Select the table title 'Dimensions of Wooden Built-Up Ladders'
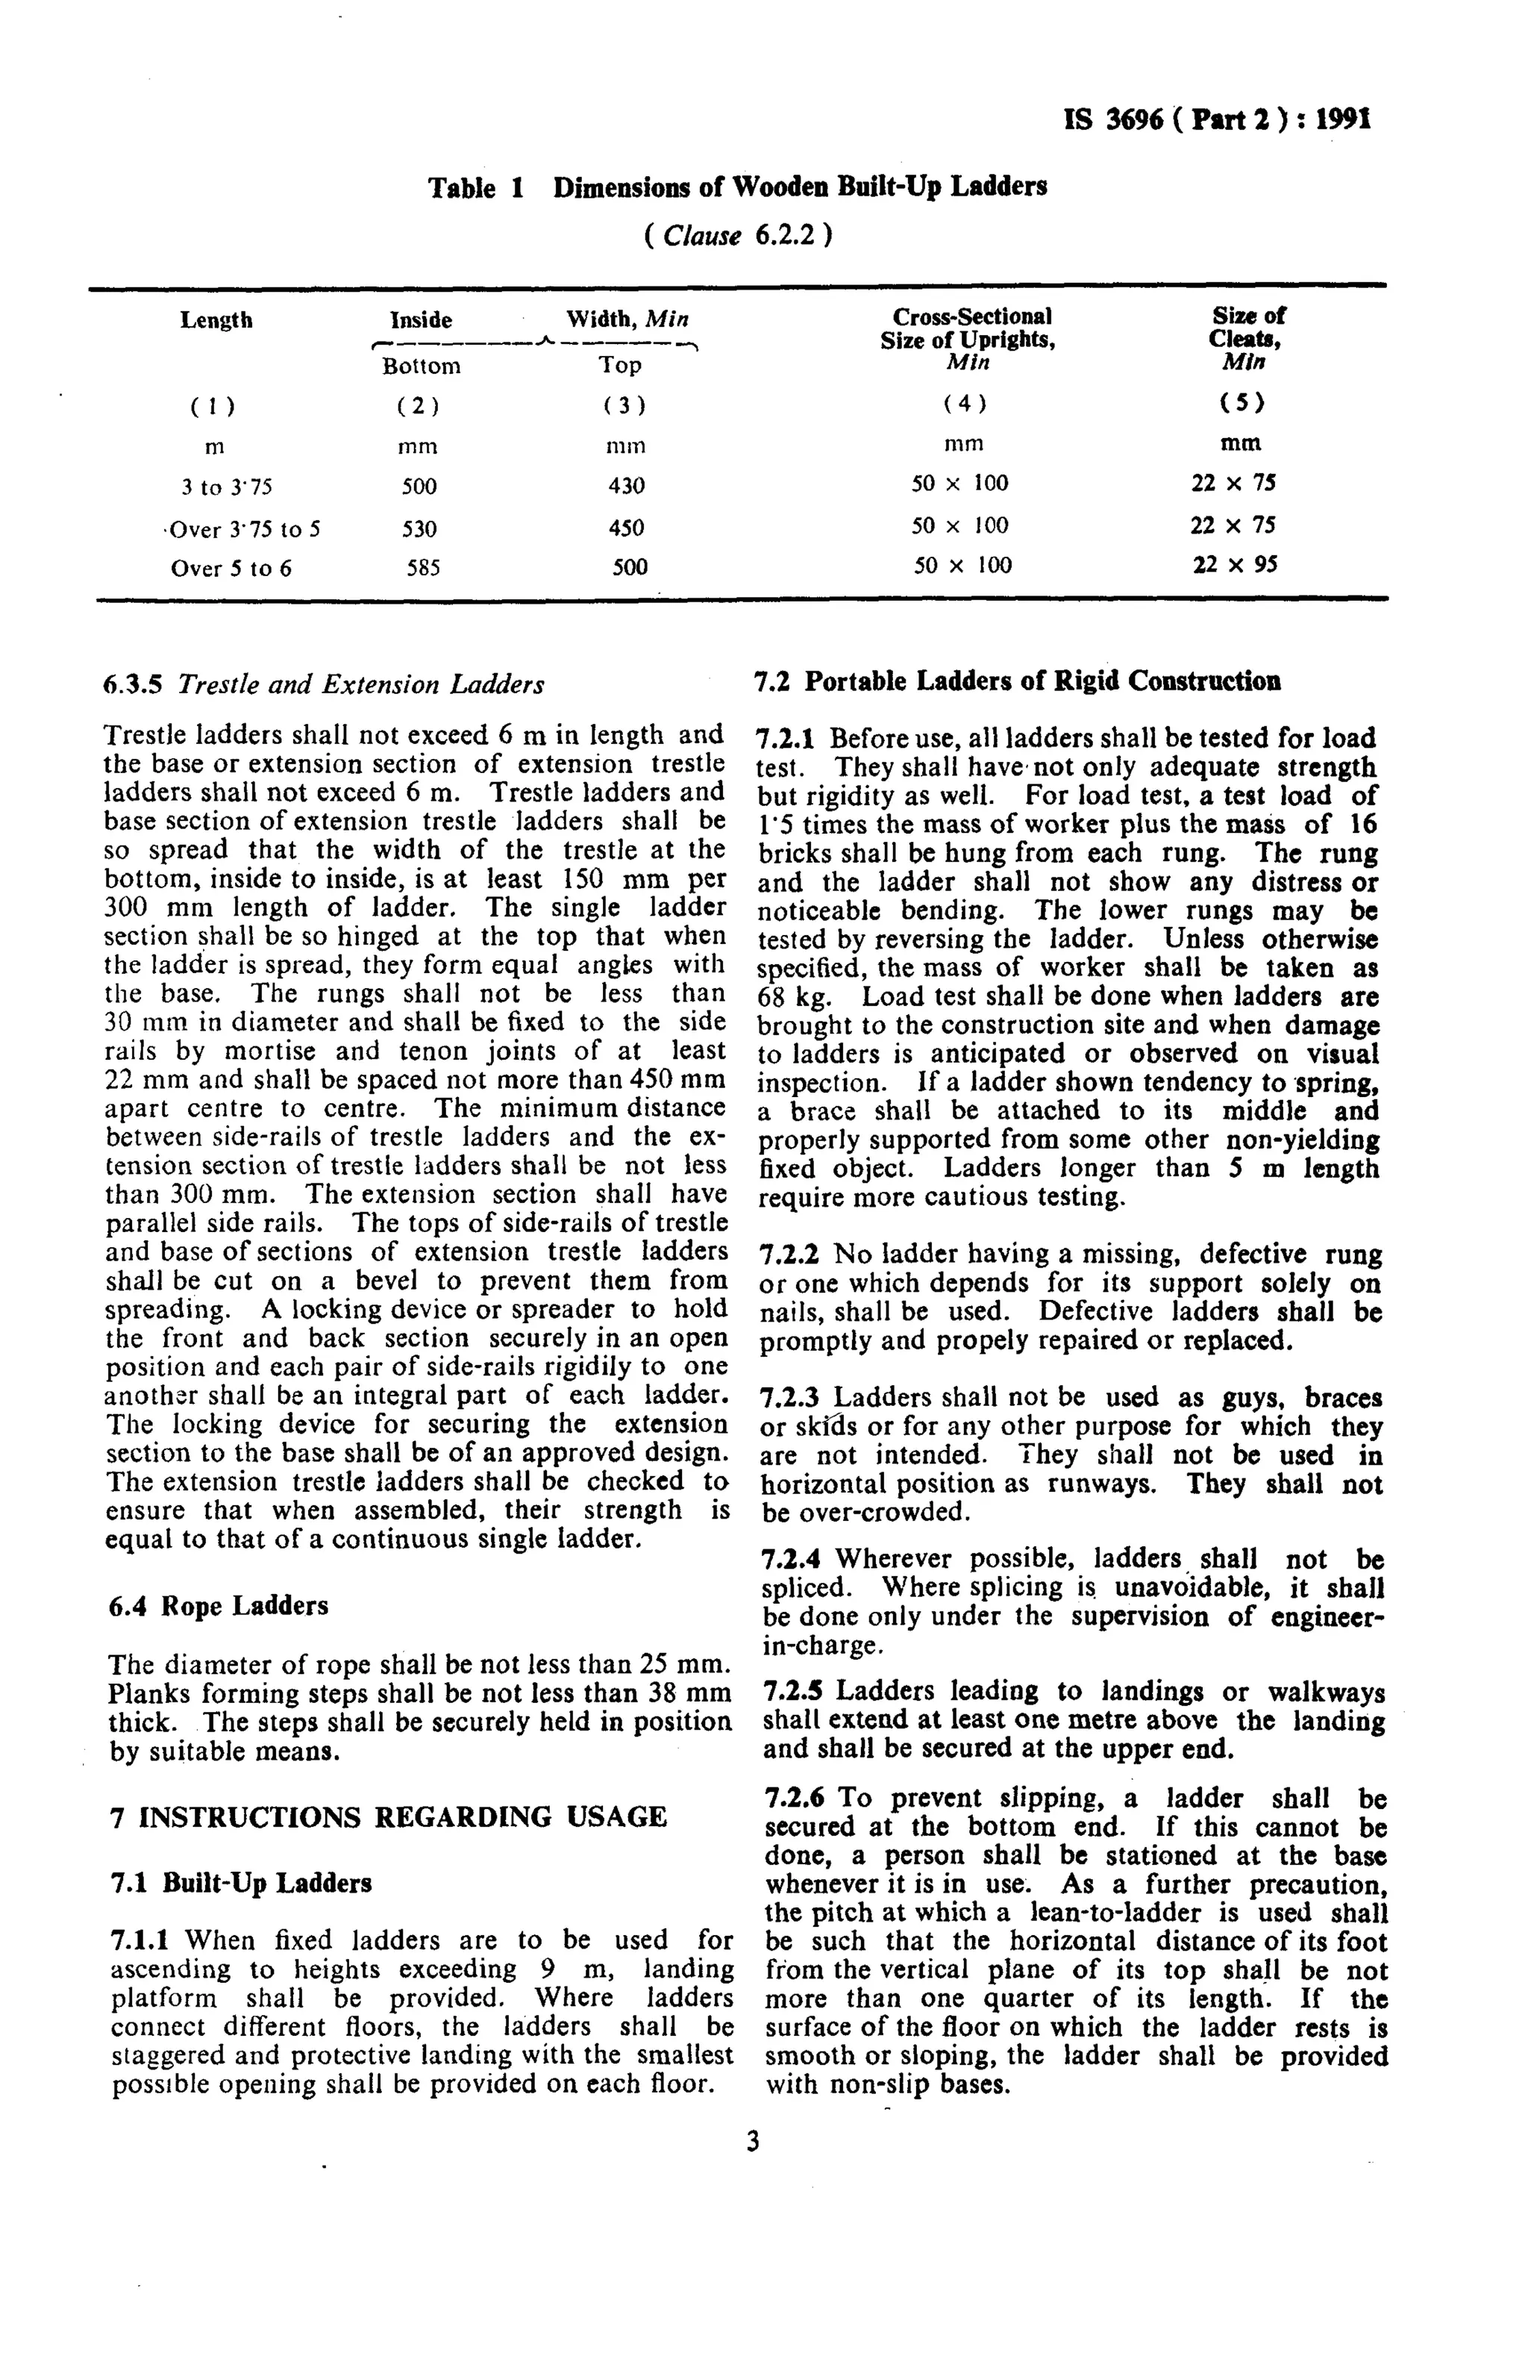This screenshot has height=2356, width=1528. click(798, 186)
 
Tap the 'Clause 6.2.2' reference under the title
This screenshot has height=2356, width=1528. click(737, 236)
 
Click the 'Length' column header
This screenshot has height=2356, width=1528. click(216, 319)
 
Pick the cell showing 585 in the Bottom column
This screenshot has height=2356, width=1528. click(422, 568)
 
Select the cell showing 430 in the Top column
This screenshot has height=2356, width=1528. click(625, 486)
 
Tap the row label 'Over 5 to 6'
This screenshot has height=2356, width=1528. click(231, 568)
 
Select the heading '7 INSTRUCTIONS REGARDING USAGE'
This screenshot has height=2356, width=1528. click(387, 1816)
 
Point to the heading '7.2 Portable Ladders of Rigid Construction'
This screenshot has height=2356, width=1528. click(1016, 681)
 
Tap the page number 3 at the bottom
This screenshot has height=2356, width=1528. click(751, 2142)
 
